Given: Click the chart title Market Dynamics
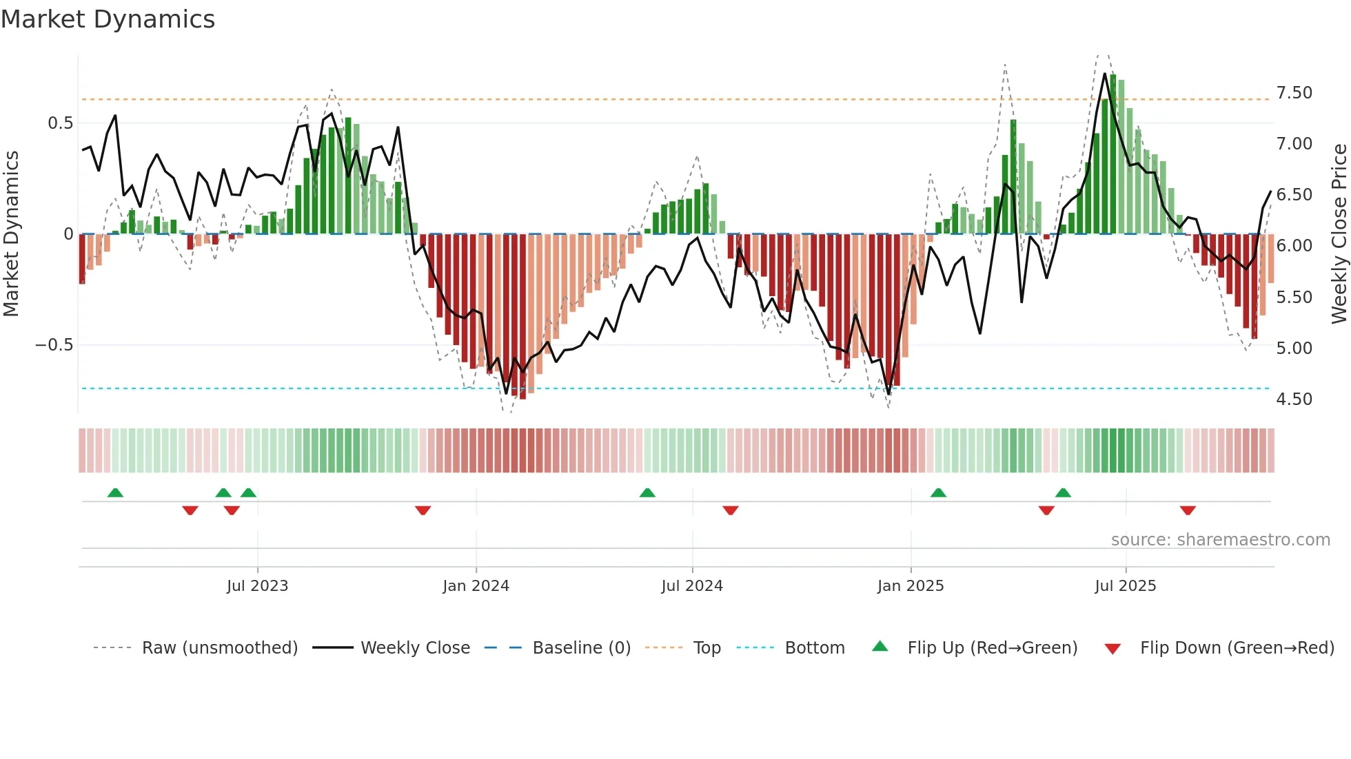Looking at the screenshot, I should [108, 19].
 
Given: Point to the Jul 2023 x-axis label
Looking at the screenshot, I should [257, 586].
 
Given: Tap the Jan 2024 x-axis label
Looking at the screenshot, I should [476, 586].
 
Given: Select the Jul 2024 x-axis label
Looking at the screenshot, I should [692, 586].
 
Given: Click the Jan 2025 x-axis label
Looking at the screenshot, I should [911, 586].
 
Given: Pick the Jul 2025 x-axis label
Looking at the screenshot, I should [1126, 586].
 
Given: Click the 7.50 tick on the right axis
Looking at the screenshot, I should [1294, 93].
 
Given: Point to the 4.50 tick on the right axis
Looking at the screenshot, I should [1294, 399].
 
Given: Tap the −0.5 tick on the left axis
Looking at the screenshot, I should [54, 345].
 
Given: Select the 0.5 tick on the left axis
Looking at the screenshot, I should [60, 123].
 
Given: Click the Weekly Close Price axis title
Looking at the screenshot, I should [1339, 234].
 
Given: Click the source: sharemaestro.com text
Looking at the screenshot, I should [1220, 540].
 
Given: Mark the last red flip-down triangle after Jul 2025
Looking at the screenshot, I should [1188, 510].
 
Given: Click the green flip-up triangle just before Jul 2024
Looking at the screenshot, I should [647, 492].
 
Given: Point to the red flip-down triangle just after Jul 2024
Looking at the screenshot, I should [731, 510].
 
